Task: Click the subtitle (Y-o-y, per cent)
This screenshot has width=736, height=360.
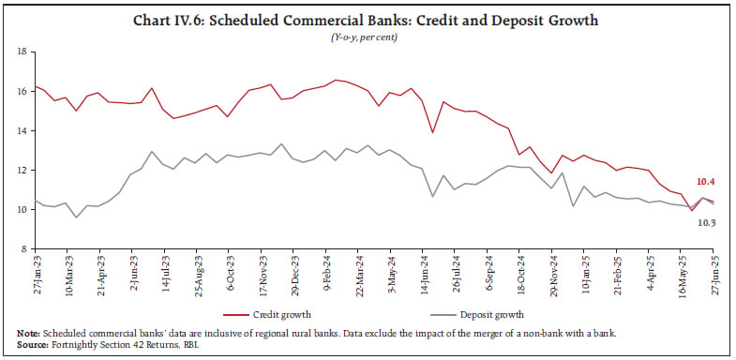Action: [368, 36]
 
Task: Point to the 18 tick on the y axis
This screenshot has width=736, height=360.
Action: [19, 52]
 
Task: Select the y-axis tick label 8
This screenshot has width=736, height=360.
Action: [21, 249]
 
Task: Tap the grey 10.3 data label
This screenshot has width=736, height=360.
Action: [708, 222]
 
